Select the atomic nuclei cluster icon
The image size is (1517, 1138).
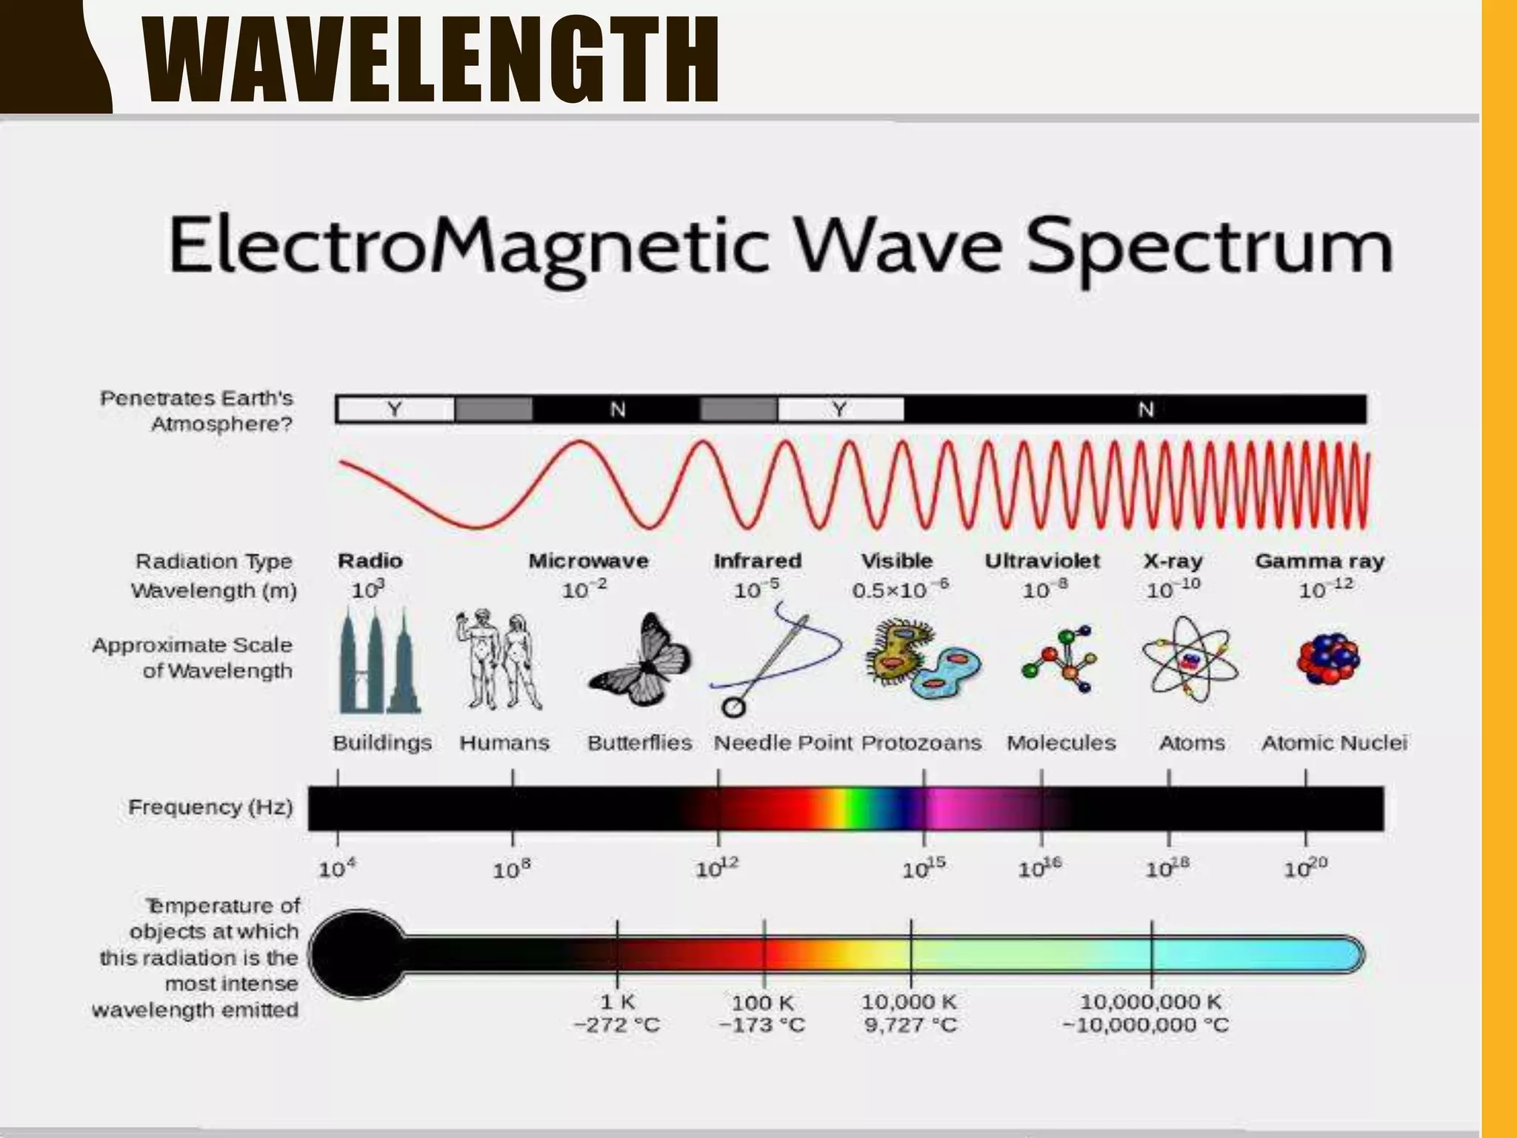[x=1328, y=659]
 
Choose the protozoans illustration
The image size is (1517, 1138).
[x=922, y=659]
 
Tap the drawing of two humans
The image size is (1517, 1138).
[x=499, y=659]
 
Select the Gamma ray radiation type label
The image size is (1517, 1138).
[x=1319, y=561]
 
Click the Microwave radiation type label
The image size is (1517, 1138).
[x=588, y=561]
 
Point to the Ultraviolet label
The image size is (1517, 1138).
[x=1041, y=561]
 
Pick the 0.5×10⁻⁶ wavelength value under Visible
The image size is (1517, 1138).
[x=899, y=590]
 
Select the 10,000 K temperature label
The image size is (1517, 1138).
[x=909, y=1002]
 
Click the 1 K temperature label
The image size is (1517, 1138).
[x=617, y=1002]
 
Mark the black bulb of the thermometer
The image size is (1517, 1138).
[x=357, y=954]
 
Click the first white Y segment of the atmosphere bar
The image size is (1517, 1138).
[x=395, y=409]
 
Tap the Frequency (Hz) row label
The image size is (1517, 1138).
[x=210, y=807]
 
